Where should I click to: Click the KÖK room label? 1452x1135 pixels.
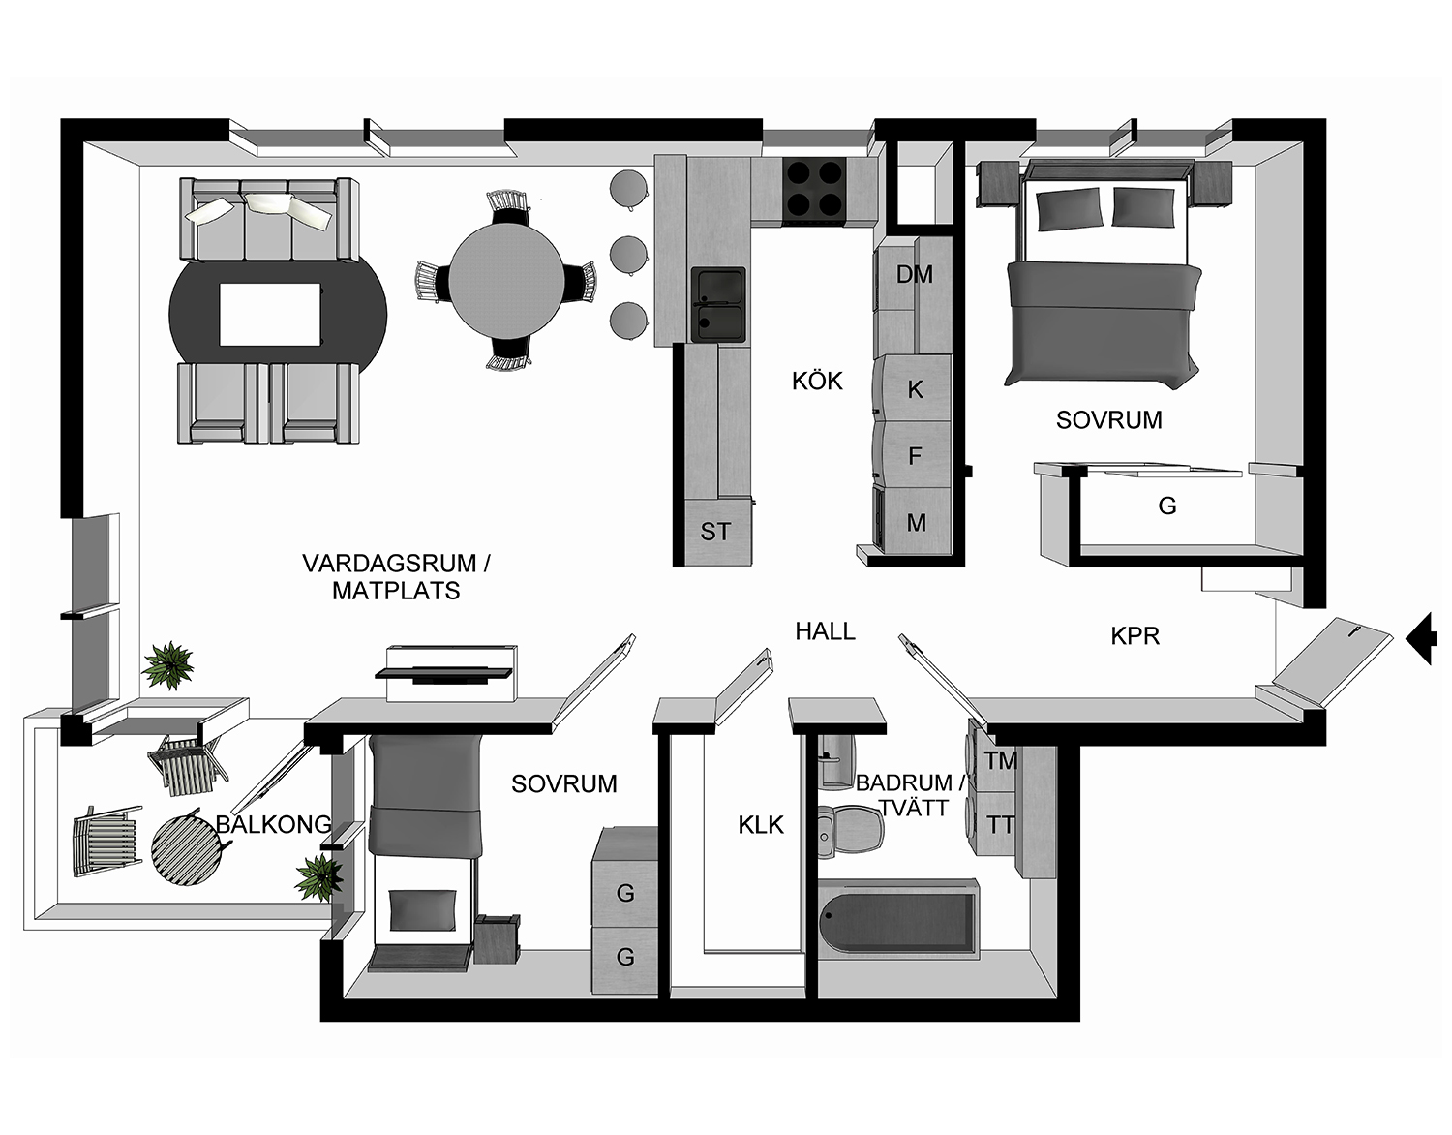pos(817,382)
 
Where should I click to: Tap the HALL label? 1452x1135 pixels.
pos(825,631)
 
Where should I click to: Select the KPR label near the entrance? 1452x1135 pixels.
pos(1134,636)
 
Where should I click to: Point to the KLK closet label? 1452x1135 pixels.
pos(761,825)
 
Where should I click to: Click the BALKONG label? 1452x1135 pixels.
pos(273,825)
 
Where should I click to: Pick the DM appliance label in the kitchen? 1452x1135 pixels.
pos(914,275)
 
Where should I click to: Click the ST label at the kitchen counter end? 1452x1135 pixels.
pos(715,532)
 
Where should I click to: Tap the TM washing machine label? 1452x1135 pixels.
pos(1001,761)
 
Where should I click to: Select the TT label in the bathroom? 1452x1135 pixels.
pos(1001,825)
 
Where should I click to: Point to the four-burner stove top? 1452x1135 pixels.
pos(814,188)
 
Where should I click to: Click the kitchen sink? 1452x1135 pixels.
pos(718,304)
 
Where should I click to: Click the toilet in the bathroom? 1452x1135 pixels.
pos(847,829)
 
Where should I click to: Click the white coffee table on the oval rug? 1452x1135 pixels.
pos(270,314)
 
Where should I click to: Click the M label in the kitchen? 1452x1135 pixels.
pos(916,524)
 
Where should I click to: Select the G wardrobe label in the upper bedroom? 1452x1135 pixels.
pos(1167,506)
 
